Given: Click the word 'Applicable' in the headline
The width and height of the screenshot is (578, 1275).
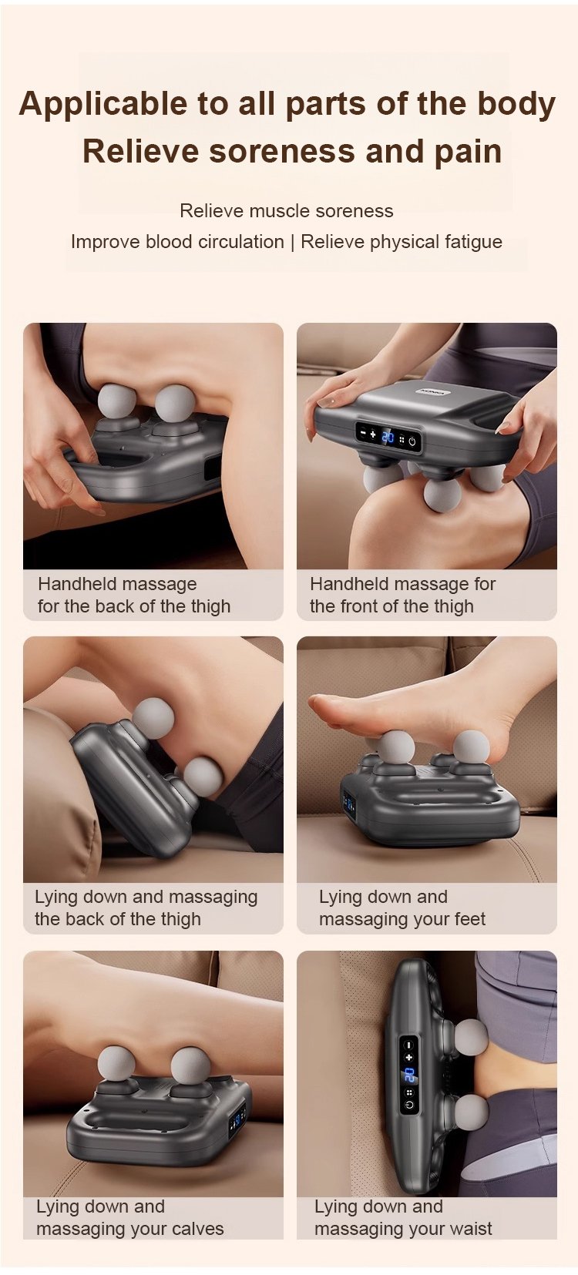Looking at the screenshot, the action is tap(103, 105).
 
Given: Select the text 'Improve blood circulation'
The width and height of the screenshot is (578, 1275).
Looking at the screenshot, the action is tap(177, 242).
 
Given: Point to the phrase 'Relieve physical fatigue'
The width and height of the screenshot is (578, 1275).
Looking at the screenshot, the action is tap(402, 242).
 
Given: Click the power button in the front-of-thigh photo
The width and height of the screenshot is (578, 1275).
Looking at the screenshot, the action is tap(412, 441).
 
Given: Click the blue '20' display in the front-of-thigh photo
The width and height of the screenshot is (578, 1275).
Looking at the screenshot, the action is tap(388, 437).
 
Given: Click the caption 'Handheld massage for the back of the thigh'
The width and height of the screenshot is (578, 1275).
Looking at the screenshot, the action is tap(134, 595).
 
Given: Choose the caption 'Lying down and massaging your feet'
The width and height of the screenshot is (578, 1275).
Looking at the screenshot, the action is tap(402, 908).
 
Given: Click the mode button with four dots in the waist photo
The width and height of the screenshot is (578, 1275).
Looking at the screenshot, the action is tap(409, 1093).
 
